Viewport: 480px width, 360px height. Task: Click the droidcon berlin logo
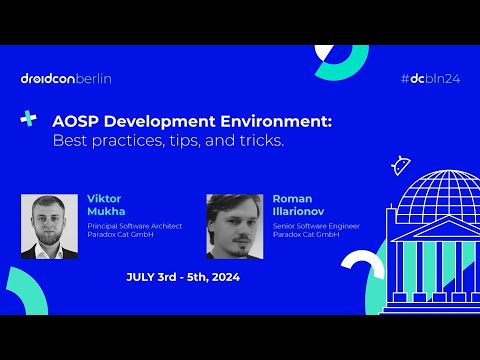click(x=66, y=78)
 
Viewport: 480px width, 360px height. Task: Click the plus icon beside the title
click(x=29, y=119)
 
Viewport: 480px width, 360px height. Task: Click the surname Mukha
click(x=104, y=212)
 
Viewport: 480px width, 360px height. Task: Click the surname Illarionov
click(x=299, y=212)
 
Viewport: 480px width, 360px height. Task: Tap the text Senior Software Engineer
click(x=315, y=226)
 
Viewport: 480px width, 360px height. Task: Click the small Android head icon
click(x=402, y=164)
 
